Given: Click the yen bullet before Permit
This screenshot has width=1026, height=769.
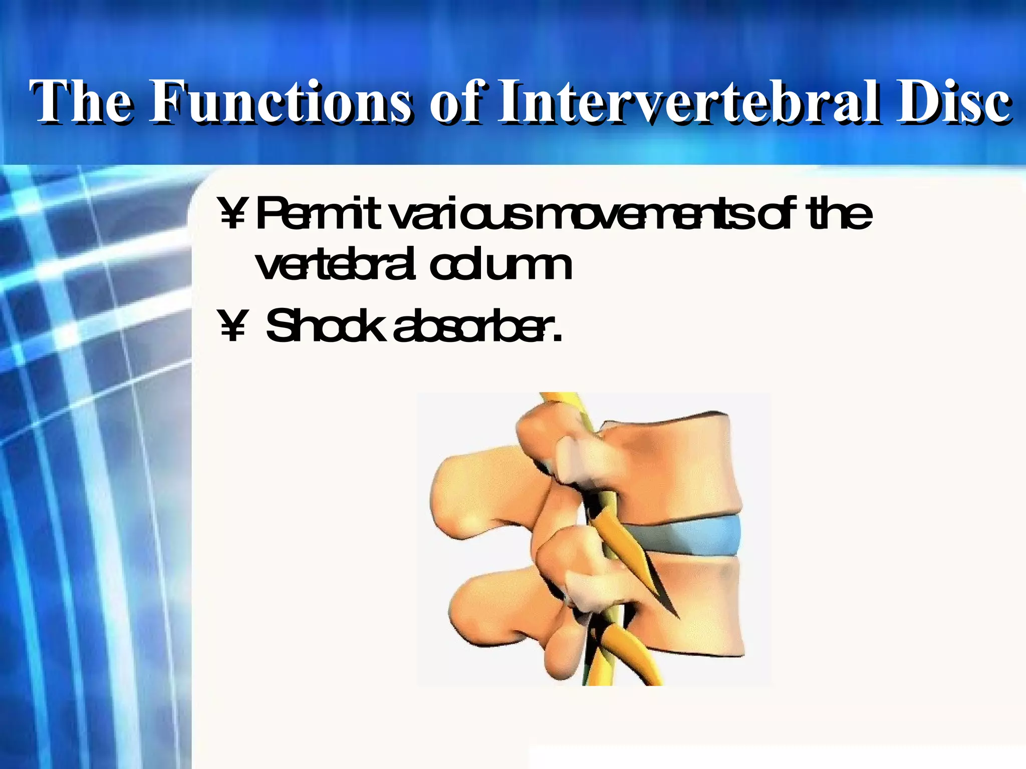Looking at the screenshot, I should coord(232,214).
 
